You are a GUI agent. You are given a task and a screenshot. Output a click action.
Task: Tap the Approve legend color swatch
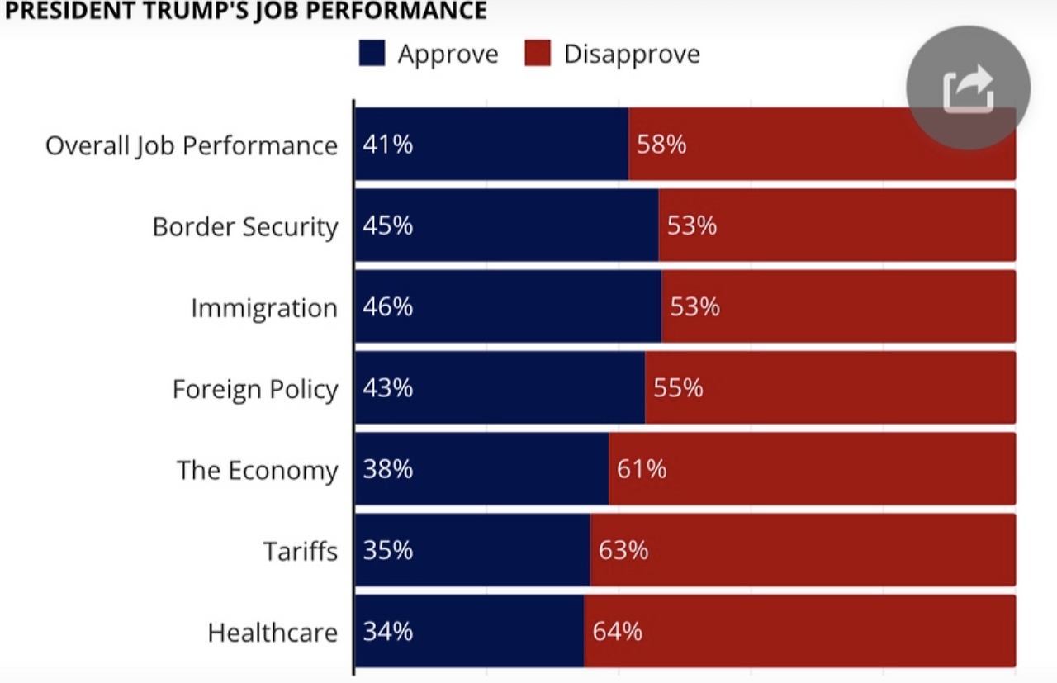click(x=372, y=55)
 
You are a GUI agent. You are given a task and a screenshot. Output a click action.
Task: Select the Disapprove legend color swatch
click(x=538, y=55)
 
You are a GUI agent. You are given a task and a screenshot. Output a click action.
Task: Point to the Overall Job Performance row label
click(x=192, y=145)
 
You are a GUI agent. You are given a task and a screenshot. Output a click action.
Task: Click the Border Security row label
click(x=245, y=226)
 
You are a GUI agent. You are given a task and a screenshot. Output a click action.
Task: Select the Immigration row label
click(x=264, y=307)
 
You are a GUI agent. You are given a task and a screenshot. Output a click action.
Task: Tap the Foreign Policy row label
click(x=255, y=388)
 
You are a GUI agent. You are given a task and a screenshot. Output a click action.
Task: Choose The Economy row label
click(x=257, y=470)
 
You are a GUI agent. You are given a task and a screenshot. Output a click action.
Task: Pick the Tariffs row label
click(x=301, y=550)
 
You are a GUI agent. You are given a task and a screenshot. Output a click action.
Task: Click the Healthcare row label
click(x=273, y=633)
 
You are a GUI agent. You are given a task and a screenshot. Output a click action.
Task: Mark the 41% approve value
click(x=387, y=145)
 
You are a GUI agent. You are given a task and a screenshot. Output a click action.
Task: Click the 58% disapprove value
click(x=661, y=145)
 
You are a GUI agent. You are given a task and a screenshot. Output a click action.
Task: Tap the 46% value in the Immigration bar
click(x=387, y=306)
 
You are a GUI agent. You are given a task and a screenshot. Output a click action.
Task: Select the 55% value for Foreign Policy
click(x=678, y=387)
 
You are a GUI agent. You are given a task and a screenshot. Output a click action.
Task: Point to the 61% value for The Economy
click(x=642, y=469)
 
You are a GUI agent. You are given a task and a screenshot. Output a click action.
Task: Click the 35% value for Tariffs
click(x=387, y=550)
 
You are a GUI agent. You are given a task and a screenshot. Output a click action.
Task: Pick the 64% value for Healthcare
click(x=617, y=632)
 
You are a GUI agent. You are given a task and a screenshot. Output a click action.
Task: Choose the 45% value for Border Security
click(x=387, y=225)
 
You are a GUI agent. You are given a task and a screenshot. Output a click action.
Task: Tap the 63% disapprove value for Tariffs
click(x=623, y=550)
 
